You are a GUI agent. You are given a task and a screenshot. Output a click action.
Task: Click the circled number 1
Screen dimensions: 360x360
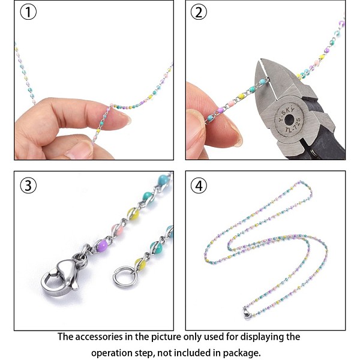(28, 12)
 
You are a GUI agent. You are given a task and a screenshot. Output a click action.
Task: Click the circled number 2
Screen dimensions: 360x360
(199, 12)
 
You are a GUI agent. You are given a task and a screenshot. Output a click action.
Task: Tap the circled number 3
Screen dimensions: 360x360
(28, 185)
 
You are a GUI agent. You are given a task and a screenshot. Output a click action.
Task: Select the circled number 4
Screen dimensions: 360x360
(199, 185)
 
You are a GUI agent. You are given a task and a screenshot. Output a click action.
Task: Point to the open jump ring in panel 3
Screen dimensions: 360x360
(124, 276)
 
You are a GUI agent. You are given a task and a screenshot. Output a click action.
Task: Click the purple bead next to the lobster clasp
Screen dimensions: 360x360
(102, 245)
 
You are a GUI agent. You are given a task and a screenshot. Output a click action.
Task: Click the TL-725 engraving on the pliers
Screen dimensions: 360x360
(293, 126)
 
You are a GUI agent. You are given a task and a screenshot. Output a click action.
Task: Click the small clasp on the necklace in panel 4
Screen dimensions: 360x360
(247, 314)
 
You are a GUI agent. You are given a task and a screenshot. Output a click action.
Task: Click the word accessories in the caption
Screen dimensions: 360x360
(99, 337)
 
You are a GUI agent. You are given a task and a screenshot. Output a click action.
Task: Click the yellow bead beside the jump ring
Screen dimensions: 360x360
(140, 265)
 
